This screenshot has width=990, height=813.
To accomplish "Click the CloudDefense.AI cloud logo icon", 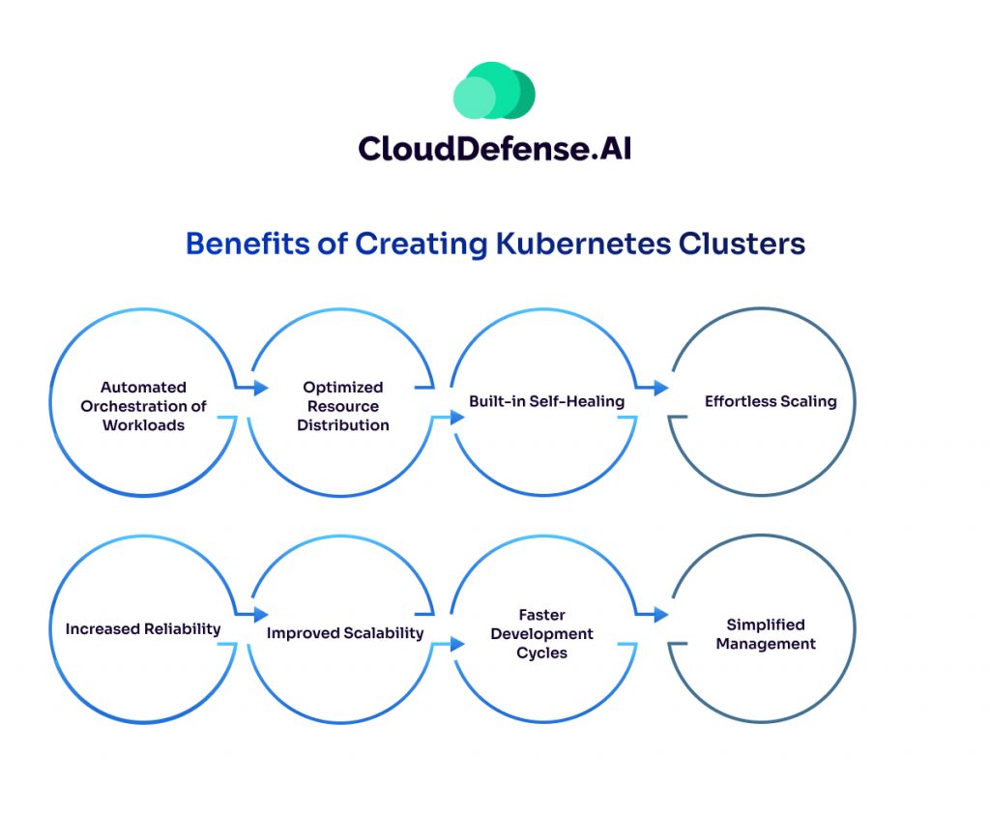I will click(494, 92).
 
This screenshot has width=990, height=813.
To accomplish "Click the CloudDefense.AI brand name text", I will click(494, 148).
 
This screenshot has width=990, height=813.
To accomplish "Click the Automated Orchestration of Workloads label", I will click(143, 406).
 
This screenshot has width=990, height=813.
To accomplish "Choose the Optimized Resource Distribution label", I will click(343, 406).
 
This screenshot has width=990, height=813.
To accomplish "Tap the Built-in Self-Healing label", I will click(546, 401).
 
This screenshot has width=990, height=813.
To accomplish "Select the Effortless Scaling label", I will click(771, 401).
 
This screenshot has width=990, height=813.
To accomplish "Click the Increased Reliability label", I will click(143, 629).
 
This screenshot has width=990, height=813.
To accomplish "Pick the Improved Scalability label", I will click(345, 633).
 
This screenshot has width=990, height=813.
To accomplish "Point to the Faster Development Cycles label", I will click(542, 633).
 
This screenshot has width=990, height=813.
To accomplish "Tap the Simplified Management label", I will click(766, 634).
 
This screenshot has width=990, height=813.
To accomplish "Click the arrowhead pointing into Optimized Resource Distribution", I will click(261, 389).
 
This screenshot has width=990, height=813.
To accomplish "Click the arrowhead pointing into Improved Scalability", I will click(261, 615).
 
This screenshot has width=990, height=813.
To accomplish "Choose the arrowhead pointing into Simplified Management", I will click(661, 615).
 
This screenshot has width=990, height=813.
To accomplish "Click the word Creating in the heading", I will click(421, 244).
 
